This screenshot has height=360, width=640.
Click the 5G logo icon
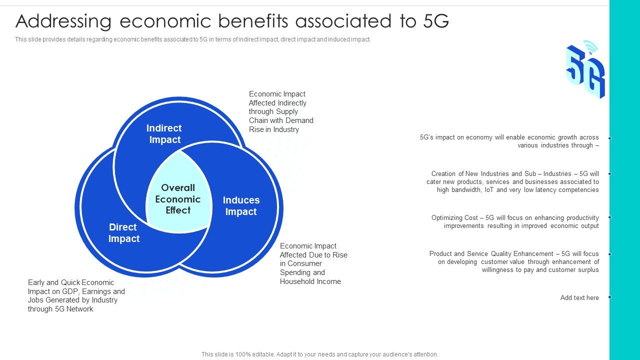point(585,70)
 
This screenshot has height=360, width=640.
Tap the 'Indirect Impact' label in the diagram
point(164,134)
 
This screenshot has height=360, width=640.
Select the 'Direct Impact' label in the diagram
point(123,233)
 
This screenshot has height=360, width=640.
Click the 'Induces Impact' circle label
point(241,206)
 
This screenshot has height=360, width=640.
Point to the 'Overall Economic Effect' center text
point(178,199)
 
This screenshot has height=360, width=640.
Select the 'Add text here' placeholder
point(579,298)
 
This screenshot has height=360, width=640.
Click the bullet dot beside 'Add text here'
point(610,297)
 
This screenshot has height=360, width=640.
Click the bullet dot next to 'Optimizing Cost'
point(610,217)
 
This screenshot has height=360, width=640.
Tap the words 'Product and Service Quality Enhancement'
point(491,254)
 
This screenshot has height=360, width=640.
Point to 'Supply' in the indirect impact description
point(286,111)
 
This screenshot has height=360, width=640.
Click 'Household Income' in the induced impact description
point(310,281)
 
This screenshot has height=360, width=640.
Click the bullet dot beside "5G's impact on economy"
point(610,138)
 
